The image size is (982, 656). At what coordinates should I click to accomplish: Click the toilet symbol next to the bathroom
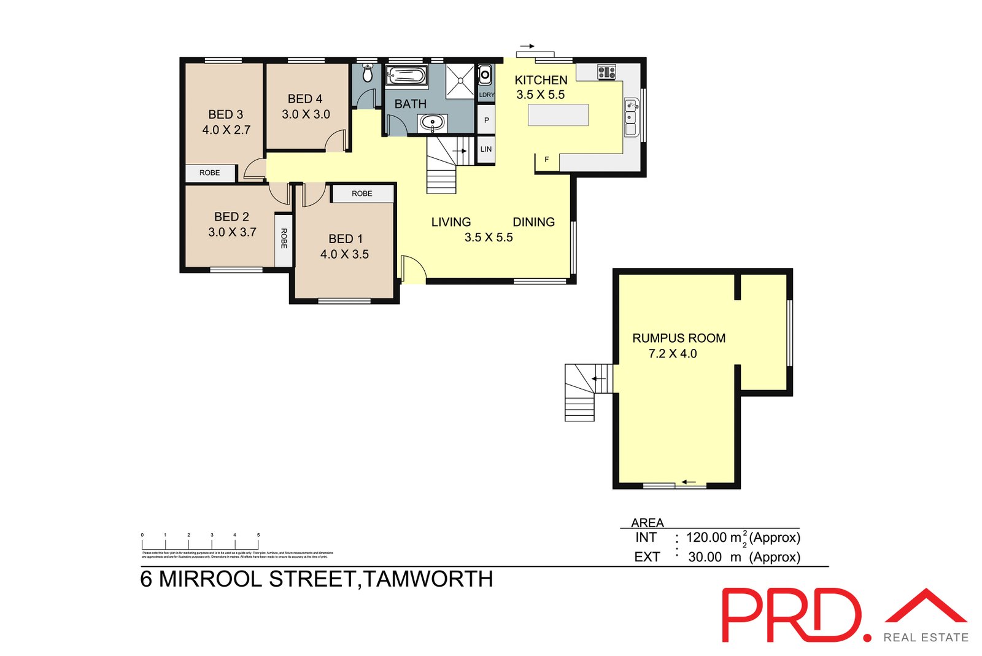[368, 74]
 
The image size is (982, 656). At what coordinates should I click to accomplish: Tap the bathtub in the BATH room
[406, 76]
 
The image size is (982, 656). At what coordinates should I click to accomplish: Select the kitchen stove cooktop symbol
[606, 72]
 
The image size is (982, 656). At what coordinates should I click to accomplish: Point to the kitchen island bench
[558, 115]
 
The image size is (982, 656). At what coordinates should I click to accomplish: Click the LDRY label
[486, 95]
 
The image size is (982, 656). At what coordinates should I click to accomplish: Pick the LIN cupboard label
[486, 149]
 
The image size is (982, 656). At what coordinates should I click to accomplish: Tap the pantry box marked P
[486, 120]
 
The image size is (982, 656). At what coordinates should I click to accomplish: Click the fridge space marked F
[546, 160]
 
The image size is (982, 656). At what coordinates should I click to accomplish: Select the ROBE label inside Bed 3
[209, 173]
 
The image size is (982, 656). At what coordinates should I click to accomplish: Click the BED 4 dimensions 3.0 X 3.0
[306, 114]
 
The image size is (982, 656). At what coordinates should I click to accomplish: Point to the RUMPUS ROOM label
[679, 338]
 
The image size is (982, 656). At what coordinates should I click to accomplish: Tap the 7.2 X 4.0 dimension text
[673, 354]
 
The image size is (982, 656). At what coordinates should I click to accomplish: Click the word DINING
[533, 222]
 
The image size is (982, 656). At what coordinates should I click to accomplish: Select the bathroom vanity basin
[432, 122]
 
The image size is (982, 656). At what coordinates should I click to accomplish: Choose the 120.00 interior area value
[706, 537]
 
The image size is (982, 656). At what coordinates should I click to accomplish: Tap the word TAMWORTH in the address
[428, 579]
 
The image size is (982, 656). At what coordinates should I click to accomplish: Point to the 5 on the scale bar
[258, 535]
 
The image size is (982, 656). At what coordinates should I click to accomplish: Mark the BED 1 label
[346, 239]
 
